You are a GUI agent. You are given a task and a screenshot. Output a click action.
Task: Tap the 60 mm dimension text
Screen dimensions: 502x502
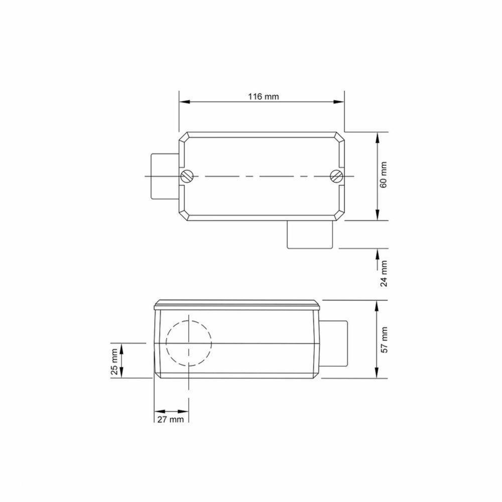384,175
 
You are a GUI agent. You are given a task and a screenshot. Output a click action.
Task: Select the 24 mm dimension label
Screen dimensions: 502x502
384,274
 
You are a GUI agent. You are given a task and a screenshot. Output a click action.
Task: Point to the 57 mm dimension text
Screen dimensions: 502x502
384,339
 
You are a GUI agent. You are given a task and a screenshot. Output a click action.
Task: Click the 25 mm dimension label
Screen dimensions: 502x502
115,362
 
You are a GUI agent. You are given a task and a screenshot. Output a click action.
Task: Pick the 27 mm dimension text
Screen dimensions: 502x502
171,419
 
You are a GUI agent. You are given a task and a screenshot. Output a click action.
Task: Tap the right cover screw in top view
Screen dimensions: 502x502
336,176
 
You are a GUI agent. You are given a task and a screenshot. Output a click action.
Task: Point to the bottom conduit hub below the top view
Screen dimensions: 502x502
311,235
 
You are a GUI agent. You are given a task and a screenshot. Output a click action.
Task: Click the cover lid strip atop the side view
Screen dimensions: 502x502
236,304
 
